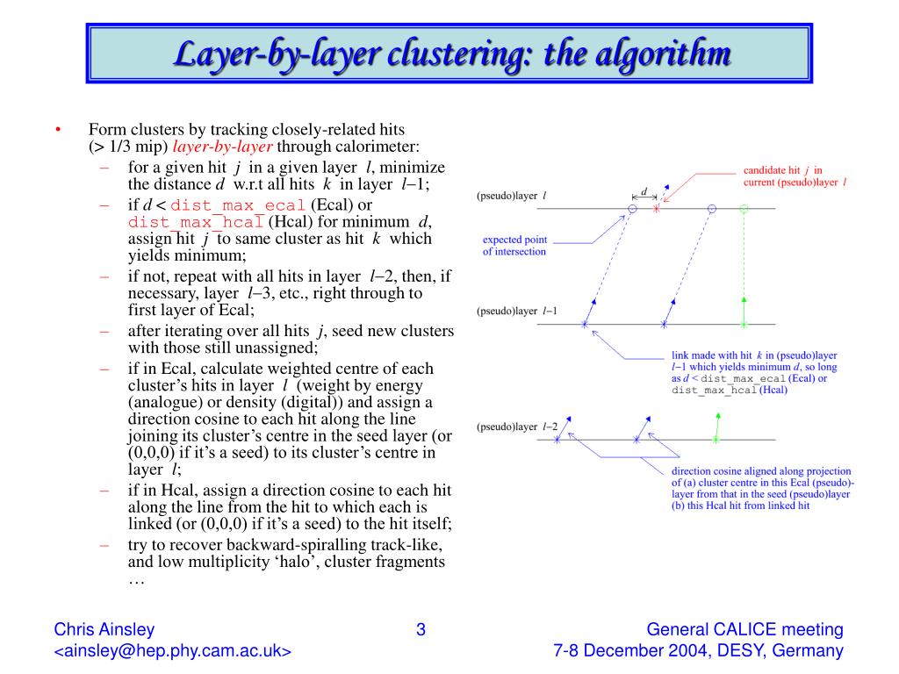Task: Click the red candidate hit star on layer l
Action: point(656,209)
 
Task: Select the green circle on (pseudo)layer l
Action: point(744,209)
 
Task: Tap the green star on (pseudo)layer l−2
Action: point(716,439)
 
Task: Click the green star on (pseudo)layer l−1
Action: point(744,325)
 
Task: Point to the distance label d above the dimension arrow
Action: point(644,191)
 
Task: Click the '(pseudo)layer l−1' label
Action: point(517,312)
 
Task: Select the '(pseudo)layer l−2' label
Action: point(517,427)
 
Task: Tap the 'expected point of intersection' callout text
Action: point(514,245)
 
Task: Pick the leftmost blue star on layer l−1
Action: point(585,325)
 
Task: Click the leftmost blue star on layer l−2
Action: point(557,439)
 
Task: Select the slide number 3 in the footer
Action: point(421,629)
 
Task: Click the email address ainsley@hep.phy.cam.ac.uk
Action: point(173,651)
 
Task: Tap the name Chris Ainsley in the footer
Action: point(104,629)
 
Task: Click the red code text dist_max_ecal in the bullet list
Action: point(237,205)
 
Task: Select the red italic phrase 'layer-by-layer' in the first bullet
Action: point(223,147)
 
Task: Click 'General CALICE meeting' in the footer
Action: point(744,629)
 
